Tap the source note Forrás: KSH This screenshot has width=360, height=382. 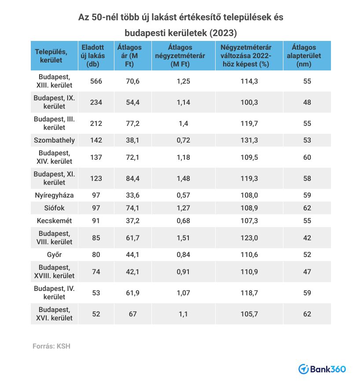tap(51, 346)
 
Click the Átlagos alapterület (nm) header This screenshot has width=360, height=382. tap(307, 56)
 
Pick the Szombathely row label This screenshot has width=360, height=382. tap(55, 140)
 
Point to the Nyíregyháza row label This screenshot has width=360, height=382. tap(55, 195)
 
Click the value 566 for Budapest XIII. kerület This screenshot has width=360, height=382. tap(96, 81)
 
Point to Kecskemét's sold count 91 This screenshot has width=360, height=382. tap(96, 220)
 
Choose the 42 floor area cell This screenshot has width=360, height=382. tap(307, 238)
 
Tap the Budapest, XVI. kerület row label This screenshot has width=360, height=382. tap(55, 314)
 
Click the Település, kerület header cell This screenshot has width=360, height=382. tap(55, 56)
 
